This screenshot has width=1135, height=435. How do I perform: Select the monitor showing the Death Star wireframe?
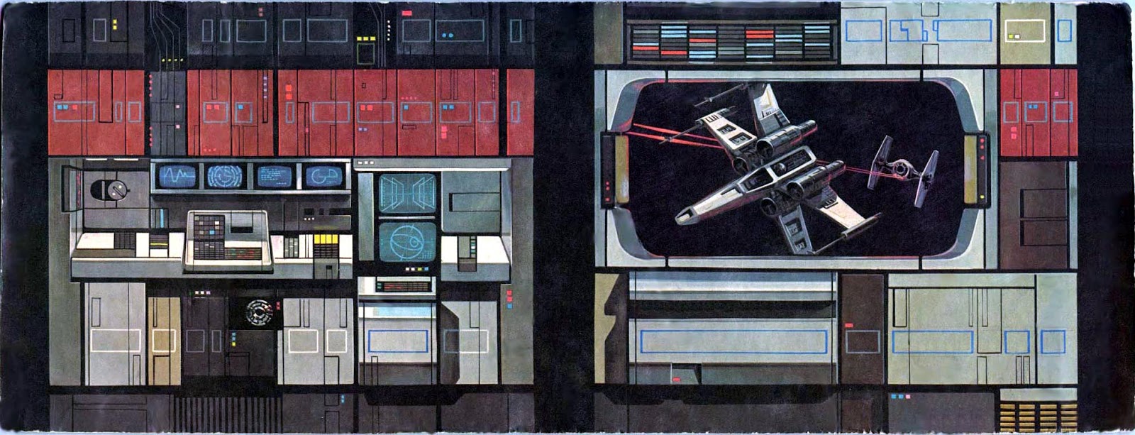click(x=407, y=242)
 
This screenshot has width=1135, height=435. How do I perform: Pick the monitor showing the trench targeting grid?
click(x=406, y=193)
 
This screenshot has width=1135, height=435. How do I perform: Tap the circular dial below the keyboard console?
click(x=256, y=312)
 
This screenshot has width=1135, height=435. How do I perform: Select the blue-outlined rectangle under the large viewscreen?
click(x=733, y=341)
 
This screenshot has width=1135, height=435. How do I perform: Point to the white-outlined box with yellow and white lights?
click(x=1024, y=31)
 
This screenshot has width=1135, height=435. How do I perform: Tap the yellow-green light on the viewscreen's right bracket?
click(x=982, y=197)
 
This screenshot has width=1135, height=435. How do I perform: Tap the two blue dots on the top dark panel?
click(x=447, y=35)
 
